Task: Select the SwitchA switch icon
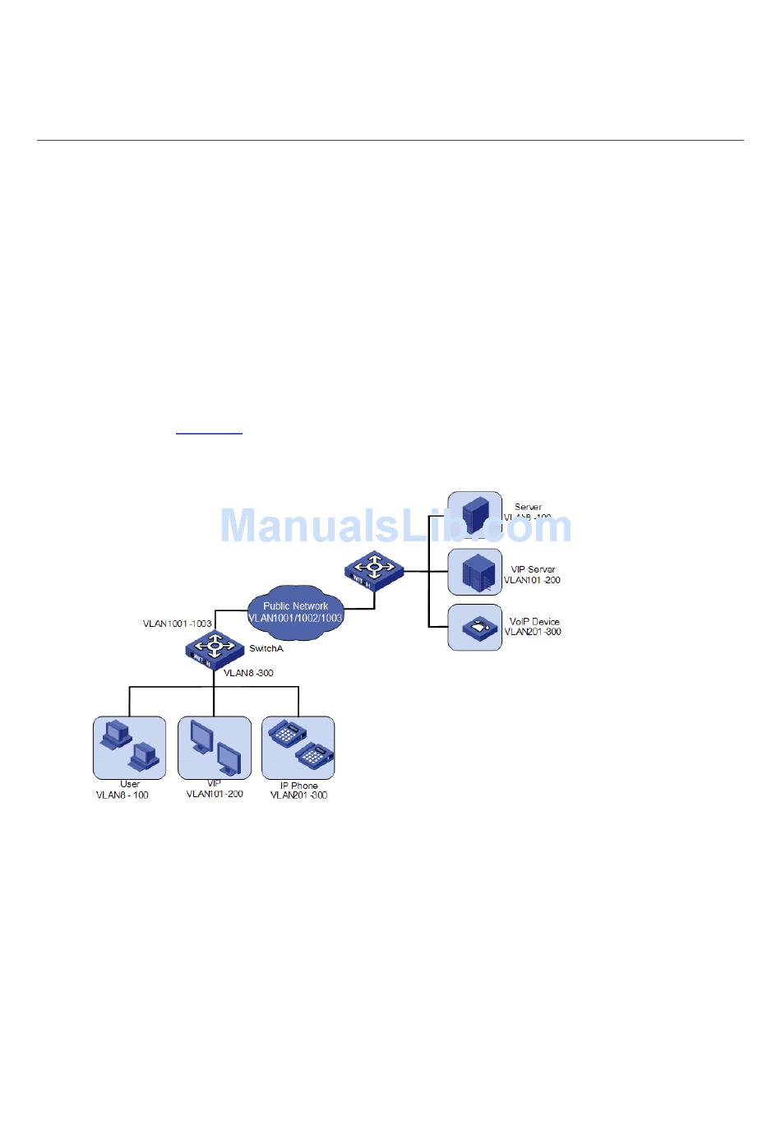click(x=214, y=648)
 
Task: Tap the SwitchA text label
click(x=266, y=648)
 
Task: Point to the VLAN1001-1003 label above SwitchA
click(x=178, y=624)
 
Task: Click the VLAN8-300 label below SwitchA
click(x=248, y=673)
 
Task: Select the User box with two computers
click(x=130, y=747)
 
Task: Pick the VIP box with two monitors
click(x=215, y=747)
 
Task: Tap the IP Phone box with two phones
click(x=298, y=747)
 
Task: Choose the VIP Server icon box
click(x=474, y=572)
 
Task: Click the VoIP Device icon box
click(x=474, y=627)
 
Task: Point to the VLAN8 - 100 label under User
click(x=122, y=795)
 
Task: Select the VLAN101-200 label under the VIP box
click(x=215, y=794)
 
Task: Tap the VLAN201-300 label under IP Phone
click(x=299, y=795)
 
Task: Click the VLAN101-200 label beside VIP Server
click(x=532, y=580)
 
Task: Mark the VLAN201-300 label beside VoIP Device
click(x=533, y=632)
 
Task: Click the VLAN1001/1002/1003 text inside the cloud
click(x=295, y=617)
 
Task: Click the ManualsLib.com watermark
click(x=395, y=526)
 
